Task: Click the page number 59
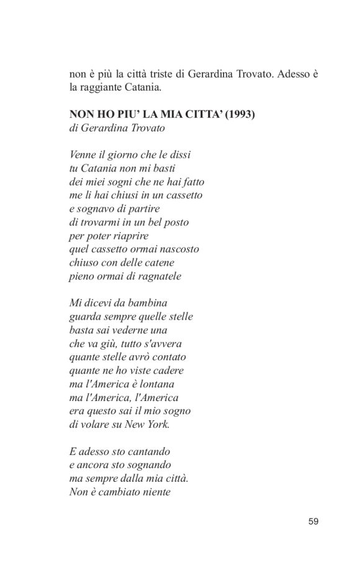[x=313, y=521]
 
